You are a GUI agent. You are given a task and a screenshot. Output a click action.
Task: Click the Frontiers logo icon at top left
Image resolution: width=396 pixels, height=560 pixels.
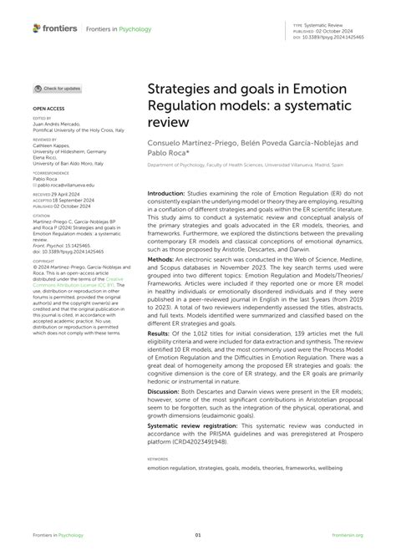(x=37, y=28)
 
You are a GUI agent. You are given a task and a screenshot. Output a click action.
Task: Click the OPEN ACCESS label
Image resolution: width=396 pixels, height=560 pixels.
(x=48, y=109)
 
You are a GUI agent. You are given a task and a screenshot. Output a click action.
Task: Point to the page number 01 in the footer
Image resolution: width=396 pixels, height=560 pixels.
(x=198, y=536)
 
